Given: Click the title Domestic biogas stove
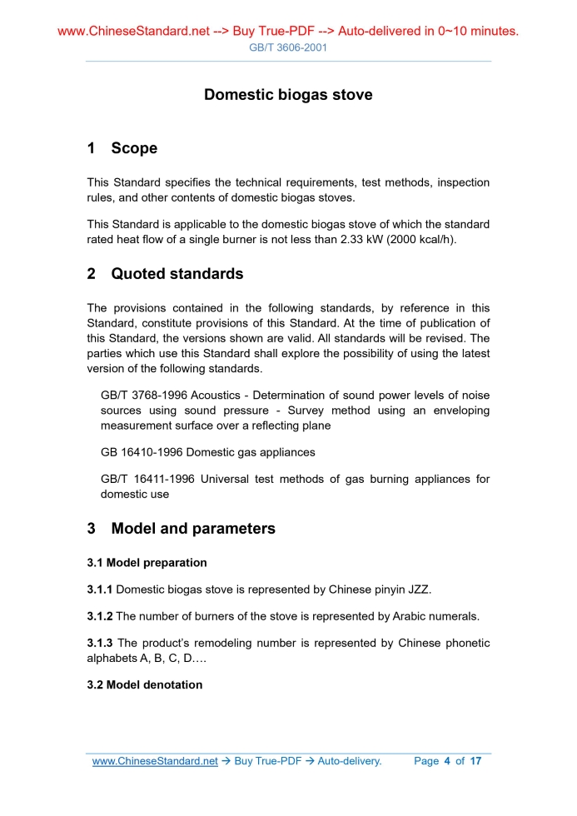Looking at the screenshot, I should [x=288, y=95].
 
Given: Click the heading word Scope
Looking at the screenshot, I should [x=134, y=148].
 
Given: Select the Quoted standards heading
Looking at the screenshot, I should [x=177, y=274].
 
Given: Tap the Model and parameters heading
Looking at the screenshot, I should [x=192, y=529].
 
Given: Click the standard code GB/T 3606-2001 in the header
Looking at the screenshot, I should [x=288, y=47].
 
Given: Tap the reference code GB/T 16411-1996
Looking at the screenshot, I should [x=149, y=480].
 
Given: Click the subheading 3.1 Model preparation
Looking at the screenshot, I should [x=147, y=563].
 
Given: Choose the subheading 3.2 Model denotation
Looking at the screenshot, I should [x=144, y=685].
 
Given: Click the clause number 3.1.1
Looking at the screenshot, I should [x=100, y=590].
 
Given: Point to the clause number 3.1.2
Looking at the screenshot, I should [x=100, y=617].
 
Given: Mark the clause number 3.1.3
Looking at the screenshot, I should [x=100, y=644].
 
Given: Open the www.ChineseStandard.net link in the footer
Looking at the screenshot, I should [x=155, y=761].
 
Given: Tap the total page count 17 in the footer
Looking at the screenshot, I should [x=475, y=761].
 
